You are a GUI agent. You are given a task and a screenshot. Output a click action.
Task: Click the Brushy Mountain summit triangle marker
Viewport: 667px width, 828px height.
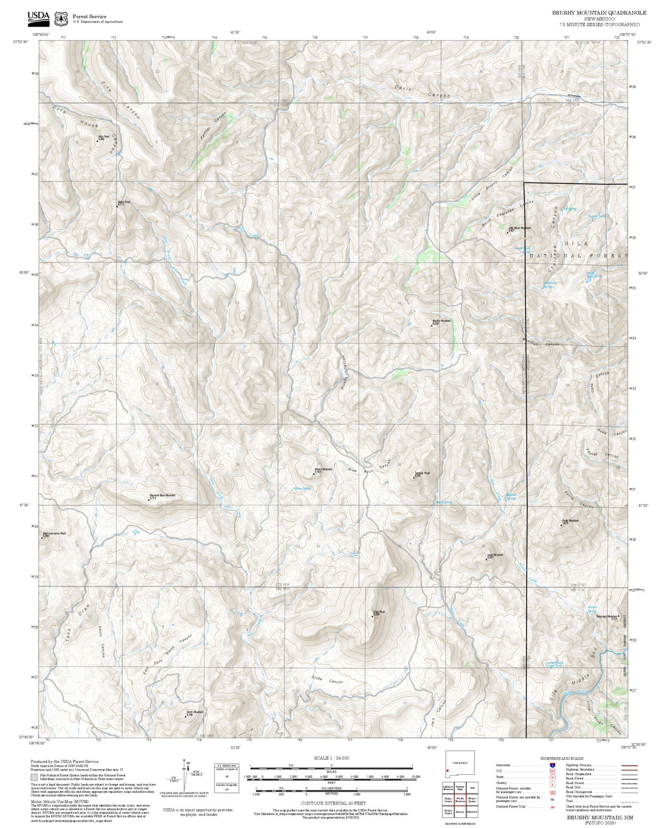tap(431, 325)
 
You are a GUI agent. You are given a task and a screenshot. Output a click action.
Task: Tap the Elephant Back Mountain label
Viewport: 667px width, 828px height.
tap(162, 495)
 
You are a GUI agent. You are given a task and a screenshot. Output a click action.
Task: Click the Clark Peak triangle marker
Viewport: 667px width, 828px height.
tap(373, 616)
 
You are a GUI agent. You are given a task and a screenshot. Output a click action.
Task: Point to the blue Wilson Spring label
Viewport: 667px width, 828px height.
tap(301, 488)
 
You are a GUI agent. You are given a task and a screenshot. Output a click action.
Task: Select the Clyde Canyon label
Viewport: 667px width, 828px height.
tap(327, 681)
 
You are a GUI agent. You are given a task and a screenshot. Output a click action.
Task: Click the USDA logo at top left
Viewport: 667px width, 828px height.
tap(39, 16)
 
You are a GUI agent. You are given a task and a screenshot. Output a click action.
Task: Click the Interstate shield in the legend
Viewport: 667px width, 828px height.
tap(553, 765)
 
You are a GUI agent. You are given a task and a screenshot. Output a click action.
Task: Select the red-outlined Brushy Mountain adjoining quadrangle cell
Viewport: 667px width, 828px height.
tap(460, 800)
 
